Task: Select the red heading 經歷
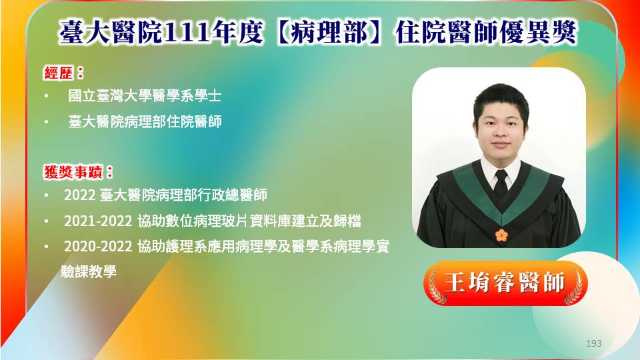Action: [59, 73]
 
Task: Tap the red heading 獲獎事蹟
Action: [73, 172]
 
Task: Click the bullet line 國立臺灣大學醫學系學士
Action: [145, 96]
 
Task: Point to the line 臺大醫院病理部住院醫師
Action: [145, 121]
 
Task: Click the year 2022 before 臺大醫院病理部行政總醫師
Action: [79, 195]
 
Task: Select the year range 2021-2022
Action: [98, 221]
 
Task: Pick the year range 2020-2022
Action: [98, 247]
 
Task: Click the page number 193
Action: [594, 343]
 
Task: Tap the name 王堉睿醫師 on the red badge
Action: [505, 283]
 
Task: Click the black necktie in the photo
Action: [501, 182]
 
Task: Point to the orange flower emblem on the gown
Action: [501, 235]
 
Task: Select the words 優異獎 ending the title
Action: [538, 32]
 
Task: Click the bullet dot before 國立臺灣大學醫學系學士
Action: [47, 96]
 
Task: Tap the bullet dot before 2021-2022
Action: [47, 221]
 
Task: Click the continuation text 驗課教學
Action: [89, 271]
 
